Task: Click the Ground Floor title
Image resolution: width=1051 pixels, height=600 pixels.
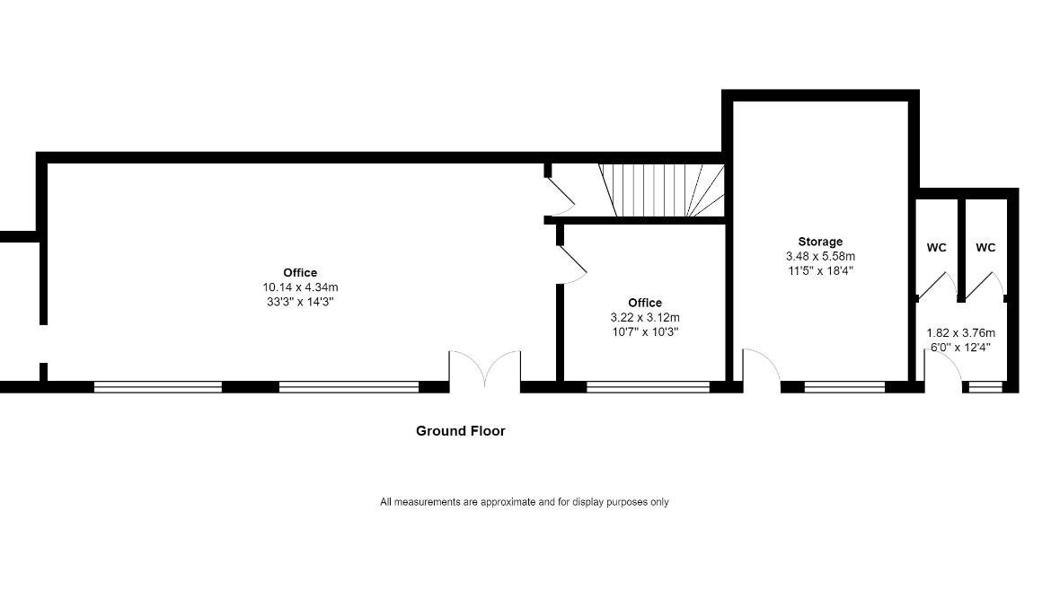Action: coord(461,431)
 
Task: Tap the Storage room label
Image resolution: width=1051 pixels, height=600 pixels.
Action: coord(820,242)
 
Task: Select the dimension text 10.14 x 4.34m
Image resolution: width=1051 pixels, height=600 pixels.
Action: coord(300,287)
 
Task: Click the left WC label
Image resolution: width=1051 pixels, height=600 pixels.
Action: coord(936,247)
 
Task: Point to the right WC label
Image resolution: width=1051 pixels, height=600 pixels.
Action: coord(985,247)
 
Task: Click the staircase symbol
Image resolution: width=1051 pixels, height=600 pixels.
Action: coord(661,190)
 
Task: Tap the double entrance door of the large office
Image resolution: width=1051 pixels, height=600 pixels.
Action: coord(484,369)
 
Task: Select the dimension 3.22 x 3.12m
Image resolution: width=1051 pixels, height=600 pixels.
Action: coord(645,317)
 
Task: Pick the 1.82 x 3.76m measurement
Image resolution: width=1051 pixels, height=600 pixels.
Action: coord(960,332)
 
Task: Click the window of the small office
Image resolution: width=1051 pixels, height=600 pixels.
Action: coord(649,387)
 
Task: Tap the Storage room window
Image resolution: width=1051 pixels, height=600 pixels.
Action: coord(844,387)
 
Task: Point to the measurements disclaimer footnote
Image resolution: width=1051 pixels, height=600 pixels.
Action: coord(525,501)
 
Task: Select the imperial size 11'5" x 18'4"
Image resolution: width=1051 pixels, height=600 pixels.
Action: coord(820,271)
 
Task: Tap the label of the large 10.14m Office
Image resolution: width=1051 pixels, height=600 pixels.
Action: coord(300,272)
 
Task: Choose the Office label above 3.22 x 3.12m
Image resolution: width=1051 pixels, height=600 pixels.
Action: coord(645,303)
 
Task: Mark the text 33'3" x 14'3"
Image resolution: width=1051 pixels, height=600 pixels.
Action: coord(300,302)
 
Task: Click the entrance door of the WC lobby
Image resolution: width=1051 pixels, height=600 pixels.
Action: coord(942,370)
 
